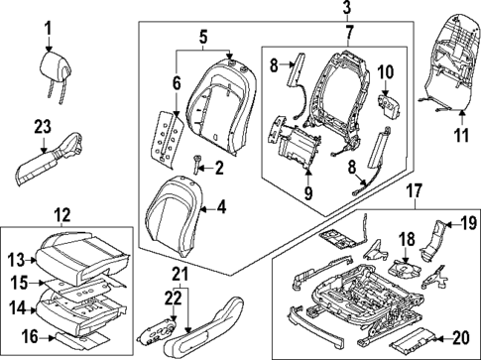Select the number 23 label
[x=41, y=127]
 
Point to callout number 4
[x=220, y=208]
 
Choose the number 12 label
[x=62, y=213]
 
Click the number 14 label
[x=18, y=308]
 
